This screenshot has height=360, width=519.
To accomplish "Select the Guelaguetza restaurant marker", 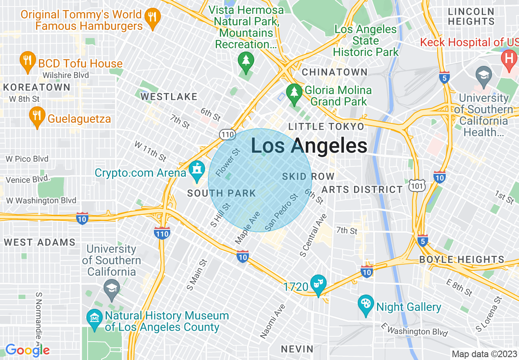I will tap(37, 116).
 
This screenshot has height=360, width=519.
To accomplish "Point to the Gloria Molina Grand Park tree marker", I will tap(294, 92).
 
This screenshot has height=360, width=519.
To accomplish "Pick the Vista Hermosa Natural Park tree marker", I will tap(246, 61).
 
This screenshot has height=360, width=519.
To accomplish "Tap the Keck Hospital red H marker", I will tap(509, 59).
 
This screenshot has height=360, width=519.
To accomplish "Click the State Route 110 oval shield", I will tap(227, 134).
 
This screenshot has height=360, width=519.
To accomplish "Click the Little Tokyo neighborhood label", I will tap(326, 126).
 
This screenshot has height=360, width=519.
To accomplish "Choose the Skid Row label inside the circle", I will tap(308, 176).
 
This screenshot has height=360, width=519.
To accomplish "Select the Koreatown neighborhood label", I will tap(37, 87).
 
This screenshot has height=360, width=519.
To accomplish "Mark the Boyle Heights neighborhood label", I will tap(462, 259).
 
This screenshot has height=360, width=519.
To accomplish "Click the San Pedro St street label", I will tap(281, 212).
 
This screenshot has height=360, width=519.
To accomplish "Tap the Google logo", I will tap(27, 350).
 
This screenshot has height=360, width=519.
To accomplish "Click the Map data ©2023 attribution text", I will tap(484, 354).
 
